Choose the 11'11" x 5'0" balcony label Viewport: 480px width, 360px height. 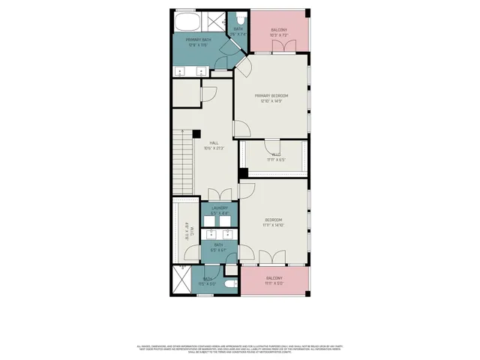point(274,280)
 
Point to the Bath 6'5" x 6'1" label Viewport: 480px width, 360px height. point(218,247)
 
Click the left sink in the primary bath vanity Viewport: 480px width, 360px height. point(182,71)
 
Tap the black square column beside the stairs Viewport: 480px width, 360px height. point(196,133)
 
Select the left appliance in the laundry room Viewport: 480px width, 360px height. point(211,221)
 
